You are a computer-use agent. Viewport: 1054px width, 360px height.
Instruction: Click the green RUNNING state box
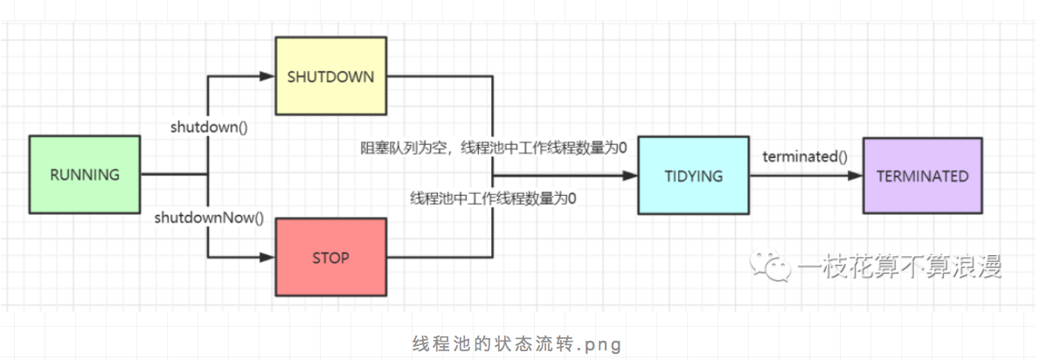point(84,174)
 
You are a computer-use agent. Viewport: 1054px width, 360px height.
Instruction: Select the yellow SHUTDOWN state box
point(330,76)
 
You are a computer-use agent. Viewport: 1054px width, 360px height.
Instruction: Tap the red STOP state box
point(330,258)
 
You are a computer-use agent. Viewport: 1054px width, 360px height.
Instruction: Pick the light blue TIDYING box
point(693,176)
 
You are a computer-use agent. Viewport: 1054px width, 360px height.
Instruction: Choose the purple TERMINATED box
point(922,176)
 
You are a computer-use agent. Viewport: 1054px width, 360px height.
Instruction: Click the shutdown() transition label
point(208,127)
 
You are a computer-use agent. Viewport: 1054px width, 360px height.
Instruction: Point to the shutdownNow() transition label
point(208,217)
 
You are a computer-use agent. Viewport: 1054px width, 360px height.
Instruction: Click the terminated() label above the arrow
point(805,157)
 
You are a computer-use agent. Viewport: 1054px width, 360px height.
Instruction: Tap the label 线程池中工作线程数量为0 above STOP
point(494,198)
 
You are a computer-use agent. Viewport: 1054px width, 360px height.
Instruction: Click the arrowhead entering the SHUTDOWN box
point(268,77)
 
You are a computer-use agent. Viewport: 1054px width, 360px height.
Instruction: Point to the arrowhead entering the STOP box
point(268,258)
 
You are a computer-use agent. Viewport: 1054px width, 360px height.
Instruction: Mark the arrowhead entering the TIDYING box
point(631,176)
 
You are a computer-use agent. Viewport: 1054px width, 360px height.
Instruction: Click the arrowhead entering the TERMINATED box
point(856,176)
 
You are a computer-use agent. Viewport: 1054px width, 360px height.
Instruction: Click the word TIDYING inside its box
point(693,176)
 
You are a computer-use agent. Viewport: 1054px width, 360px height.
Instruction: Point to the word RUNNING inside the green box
point(84,174)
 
